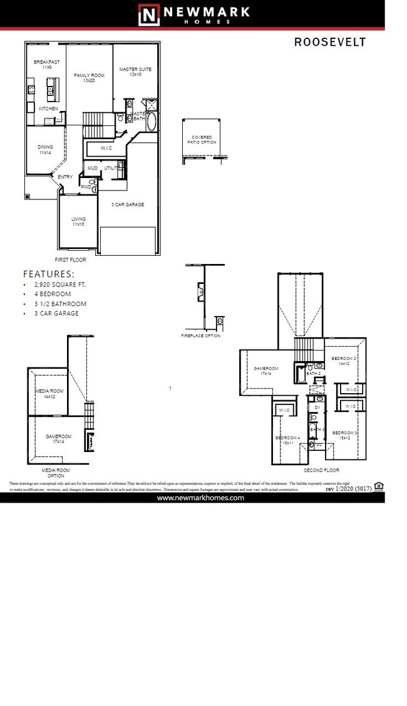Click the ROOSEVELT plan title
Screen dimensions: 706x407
[x=329, y=42]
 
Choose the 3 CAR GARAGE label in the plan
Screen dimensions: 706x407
[x=127, y=205]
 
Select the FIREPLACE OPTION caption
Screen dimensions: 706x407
[x=200, y=336]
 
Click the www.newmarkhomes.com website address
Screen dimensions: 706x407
[x=200, y=497]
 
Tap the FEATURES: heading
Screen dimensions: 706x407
[x=48, y=274]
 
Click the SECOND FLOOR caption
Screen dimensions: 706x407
[x=321, y=470]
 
